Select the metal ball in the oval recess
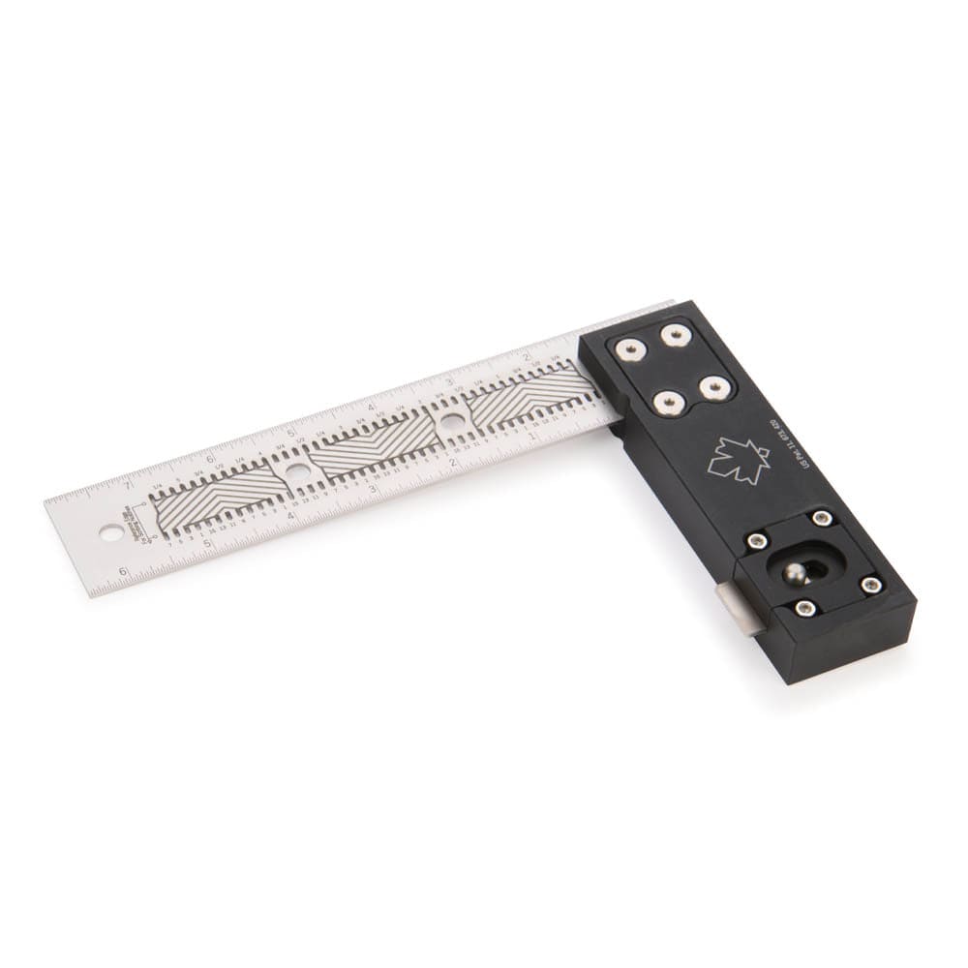796,574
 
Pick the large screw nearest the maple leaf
713,387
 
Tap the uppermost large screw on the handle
675,335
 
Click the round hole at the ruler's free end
111,532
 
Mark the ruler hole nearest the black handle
451,421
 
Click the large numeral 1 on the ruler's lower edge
534,433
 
